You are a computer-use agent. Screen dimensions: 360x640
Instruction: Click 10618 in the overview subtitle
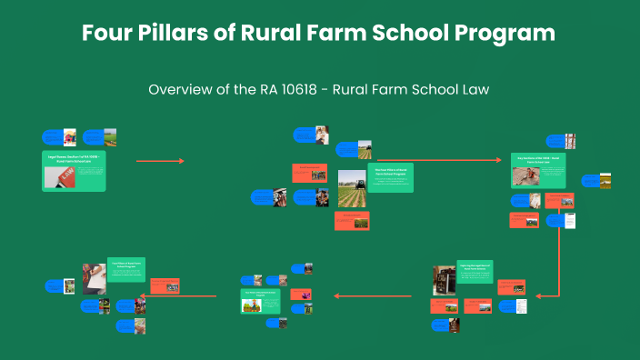pyautogui.click(x=338, y=90)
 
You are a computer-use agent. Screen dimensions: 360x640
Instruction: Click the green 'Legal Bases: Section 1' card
pyautogui.click(x=74, y=171)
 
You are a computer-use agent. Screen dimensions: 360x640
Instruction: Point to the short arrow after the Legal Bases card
pyautogui.click(x=160, y=161)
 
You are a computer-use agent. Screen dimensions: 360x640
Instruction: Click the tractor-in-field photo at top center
pyautogui.click(x=363, y=149)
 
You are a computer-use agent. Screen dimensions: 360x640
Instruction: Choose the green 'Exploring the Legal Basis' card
pyautogui.click(x=475, y=272)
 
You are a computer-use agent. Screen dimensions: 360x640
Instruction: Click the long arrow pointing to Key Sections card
pyautogui.click(x=444, y=160)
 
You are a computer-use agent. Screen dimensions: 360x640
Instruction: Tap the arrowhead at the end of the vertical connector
pyautogui.click(x=540, y=295)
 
